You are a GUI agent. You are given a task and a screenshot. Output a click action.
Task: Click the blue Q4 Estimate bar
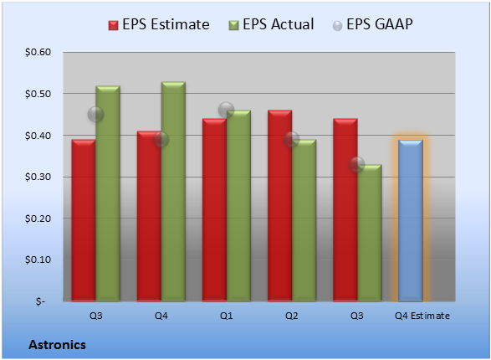click(411, 220)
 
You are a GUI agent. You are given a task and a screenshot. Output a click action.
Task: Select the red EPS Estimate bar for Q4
click(149, 216)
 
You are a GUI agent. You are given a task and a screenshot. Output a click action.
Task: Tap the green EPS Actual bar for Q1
click(238, 206)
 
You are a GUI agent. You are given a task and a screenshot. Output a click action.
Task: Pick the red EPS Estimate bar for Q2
click(279, 206)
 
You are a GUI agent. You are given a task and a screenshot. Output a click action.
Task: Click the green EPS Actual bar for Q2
click(304, 220)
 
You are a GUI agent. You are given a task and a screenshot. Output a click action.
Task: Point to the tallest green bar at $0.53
click(173, 192)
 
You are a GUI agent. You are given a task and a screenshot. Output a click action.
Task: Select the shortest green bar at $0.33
click(370, 233)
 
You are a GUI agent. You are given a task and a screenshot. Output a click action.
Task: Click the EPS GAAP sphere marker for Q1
click(226, 111)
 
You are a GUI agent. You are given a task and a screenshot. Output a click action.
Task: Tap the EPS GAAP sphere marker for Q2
click(292, 139)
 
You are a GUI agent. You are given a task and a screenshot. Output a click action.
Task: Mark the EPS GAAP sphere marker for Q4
click(161, 139)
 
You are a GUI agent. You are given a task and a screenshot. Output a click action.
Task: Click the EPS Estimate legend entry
click(159, 24)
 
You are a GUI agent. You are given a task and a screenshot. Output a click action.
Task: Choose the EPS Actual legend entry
click(271, 24)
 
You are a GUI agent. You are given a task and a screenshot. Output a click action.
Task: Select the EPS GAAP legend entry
click(372, 24)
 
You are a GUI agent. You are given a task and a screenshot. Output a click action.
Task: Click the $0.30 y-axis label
click(38, 177)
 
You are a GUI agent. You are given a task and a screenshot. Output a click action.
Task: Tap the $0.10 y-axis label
click(38, 260)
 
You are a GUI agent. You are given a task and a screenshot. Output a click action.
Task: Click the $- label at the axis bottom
click(40, 301)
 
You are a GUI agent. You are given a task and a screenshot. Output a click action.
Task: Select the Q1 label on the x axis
click(227, 316)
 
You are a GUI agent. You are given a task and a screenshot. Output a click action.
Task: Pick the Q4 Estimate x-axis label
click(422, 316)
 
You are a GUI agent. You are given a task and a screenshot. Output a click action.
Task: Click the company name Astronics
click(58, 345)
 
